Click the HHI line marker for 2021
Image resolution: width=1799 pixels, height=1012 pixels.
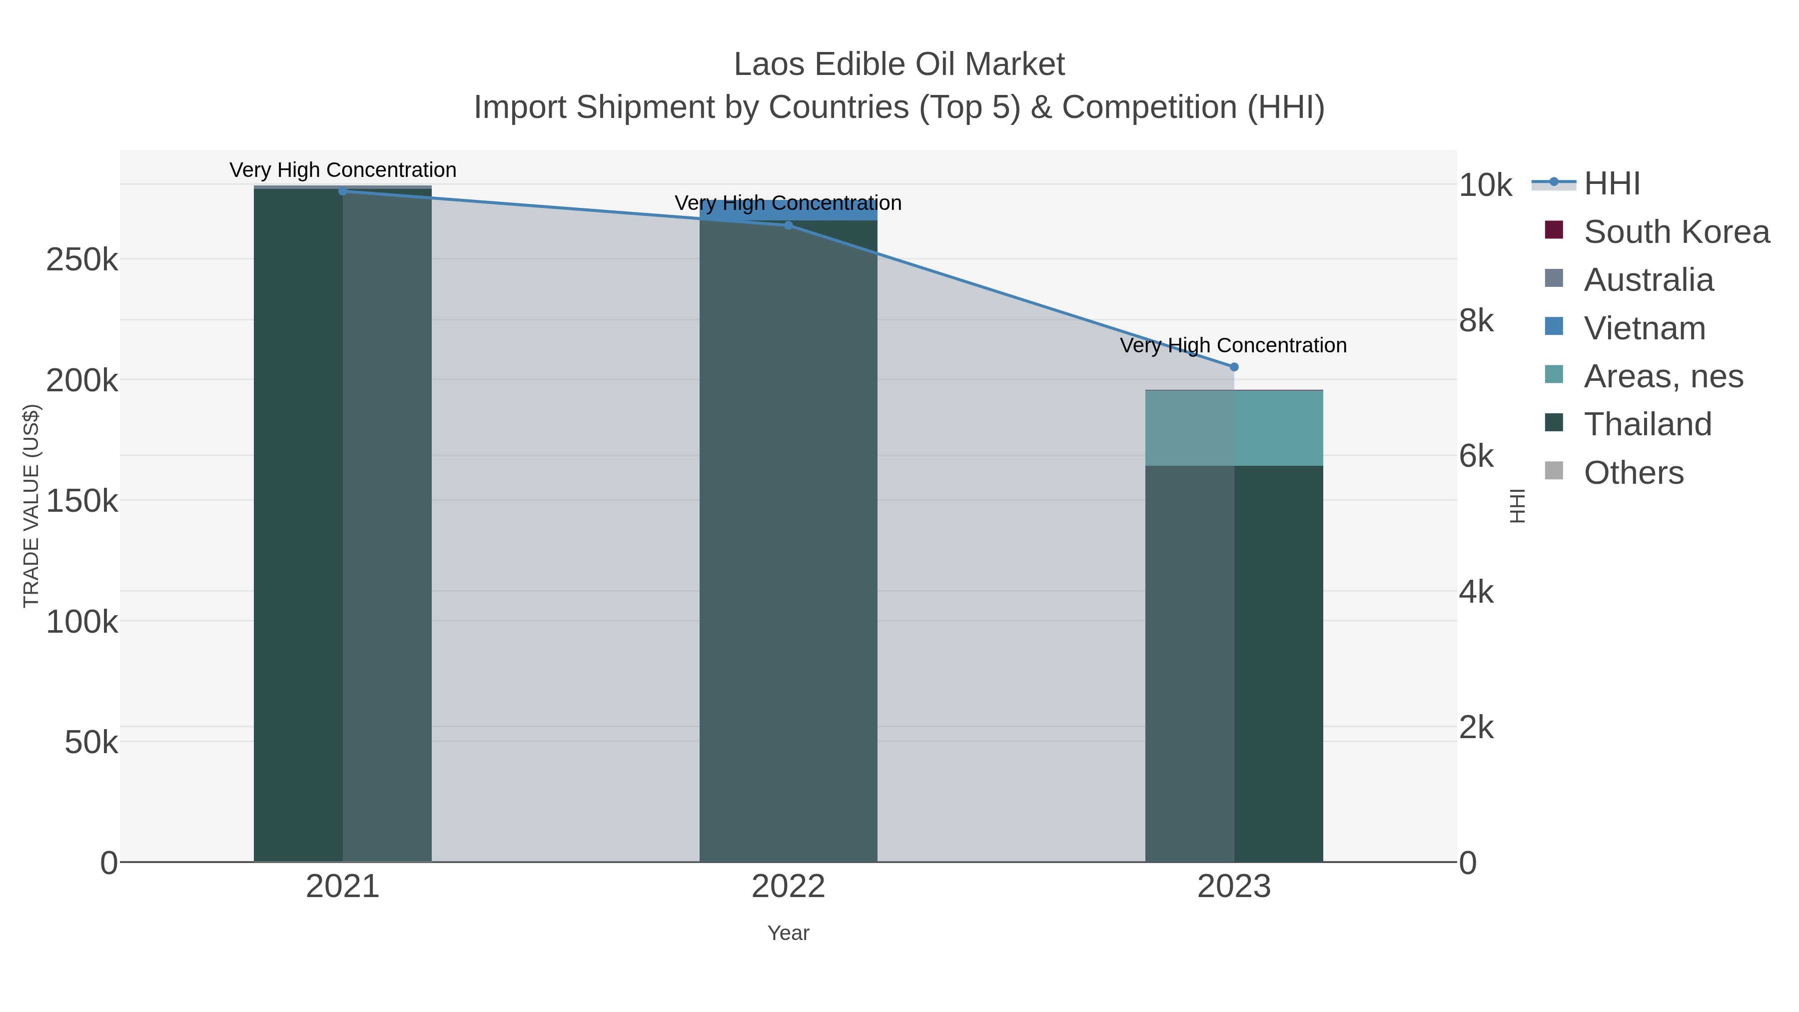pyautogui.click(x=342, y=191)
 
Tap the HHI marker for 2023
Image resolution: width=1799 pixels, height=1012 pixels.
pyautogui.click(x=1233, y=367)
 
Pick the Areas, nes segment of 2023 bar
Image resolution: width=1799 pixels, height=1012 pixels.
pyautogui.click(x=1233, y=427)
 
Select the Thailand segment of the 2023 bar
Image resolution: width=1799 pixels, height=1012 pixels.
pyautogui.click(x=1233, y=664)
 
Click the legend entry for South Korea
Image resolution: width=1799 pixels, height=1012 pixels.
pyautogui.click(x=1676, y=232)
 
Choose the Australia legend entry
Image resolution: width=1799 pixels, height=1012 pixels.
pyautogui.click(x=1648, y=280)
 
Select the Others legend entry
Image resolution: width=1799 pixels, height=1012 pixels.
pyautogui.click(x=1634, y=473)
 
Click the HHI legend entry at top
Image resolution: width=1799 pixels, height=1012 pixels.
pyautogui.click(x=1612, y=184)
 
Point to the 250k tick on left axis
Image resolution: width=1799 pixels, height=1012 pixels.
pyautogui.click(x=82, y=260)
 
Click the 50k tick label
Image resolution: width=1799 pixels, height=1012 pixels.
pyautogui.click(x=91, y=743)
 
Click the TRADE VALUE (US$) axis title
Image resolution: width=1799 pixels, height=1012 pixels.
pyautogui.click(x=31, y=506)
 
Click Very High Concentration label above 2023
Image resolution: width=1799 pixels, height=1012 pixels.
pyautogui.click(x=1233, y=345)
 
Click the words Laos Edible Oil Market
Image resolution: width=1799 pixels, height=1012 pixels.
pyautogui.click(x=899, y=64)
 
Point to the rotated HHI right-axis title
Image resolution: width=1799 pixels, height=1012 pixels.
pyautogui.click(x=1517, y=506)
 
